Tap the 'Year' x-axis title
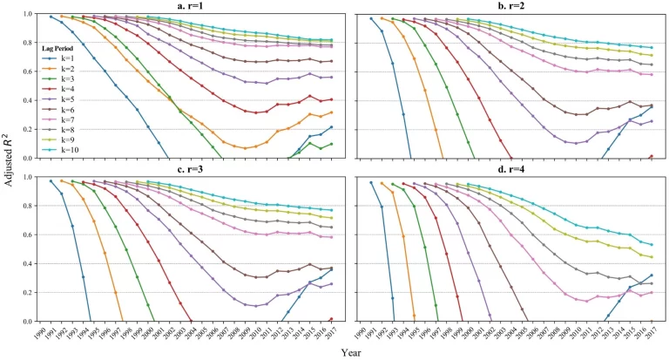351,353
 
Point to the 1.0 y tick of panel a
27,15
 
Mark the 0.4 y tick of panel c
27,263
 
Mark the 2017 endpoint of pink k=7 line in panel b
652,75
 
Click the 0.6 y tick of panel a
27,71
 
